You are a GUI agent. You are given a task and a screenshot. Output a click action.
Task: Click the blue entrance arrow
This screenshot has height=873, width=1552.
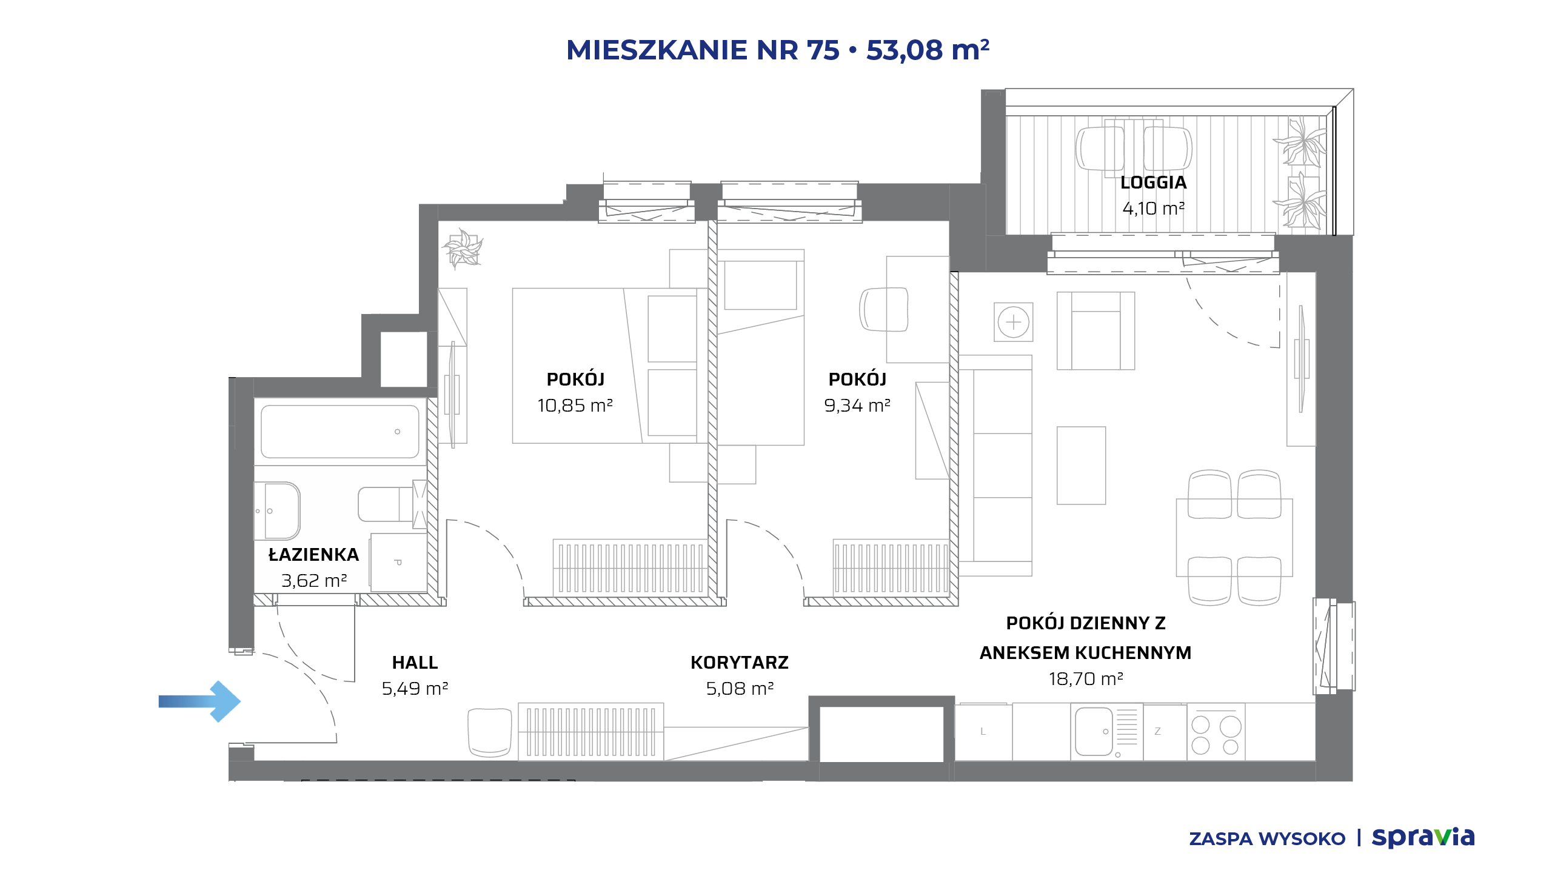[x=200, y=701]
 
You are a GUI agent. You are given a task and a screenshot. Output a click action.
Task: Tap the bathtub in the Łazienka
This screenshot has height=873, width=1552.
[x=340, y=431]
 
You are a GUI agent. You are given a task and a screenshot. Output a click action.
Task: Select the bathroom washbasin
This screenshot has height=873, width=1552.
[x=277, y=510]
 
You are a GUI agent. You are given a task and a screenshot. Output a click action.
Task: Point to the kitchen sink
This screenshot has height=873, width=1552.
[x=1094, y=731]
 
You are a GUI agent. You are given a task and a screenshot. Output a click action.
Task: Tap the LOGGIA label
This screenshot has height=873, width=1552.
[x=1153, y=182]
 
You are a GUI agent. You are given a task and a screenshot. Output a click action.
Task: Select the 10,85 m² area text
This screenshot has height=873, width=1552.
[x=575, y=405]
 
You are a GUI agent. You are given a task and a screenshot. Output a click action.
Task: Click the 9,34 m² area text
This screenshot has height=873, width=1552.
[x=857, y=405]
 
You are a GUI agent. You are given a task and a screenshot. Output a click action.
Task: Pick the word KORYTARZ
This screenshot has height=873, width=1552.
[x=740, y=663]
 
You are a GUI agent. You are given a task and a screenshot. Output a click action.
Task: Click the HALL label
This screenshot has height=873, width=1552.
[x=415, y=663]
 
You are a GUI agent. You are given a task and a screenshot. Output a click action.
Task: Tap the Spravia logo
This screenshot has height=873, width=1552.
[x=1423, y=837]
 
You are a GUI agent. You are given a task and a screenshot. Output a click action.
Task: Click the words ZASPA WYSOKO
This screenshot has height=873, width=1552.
[x=1267, y=839]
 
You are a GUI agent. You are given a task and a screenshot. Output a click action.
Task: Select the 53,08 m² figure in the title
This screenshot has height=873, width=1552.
[x=928, y=50]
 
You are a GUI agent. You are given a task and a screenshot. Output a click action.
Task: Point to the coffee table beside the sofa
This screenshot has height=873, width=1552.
[x=1081, y=466]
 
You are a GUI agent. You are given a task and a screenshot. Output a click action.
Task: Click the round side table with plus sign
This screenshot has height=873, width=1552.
[x=1014, y=322]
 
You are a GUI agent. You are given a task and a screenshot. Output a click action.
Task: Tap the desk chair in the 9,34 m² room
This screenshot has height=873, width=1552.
[x=884, y=309]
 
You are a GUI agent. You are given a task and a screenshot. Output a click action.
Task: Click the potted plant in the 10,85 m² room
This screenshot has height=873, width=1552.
[x=463, y=249]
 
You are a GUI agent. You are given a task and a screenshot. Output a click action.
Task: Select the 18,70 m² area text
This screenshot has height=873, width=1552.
[x=1086, y=679]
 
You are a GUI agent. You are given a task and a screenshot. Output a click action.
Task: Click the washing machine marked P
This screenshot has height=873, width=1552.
[x=398, y=563]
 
